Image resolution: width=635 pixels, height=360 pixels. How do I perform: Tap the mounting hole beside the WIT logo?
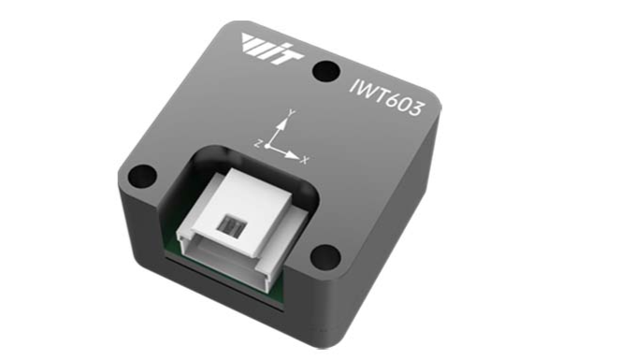(x=326, y=70)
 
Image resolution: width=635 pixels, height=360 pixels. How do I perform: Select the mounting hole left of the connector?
(x=142, y=176)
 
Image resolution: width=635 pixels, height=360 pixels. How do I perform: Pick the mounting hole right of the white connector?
(x=325, y=257)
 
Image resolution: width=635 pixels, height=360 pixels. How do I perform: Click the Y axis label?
(x=291, y=113)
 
